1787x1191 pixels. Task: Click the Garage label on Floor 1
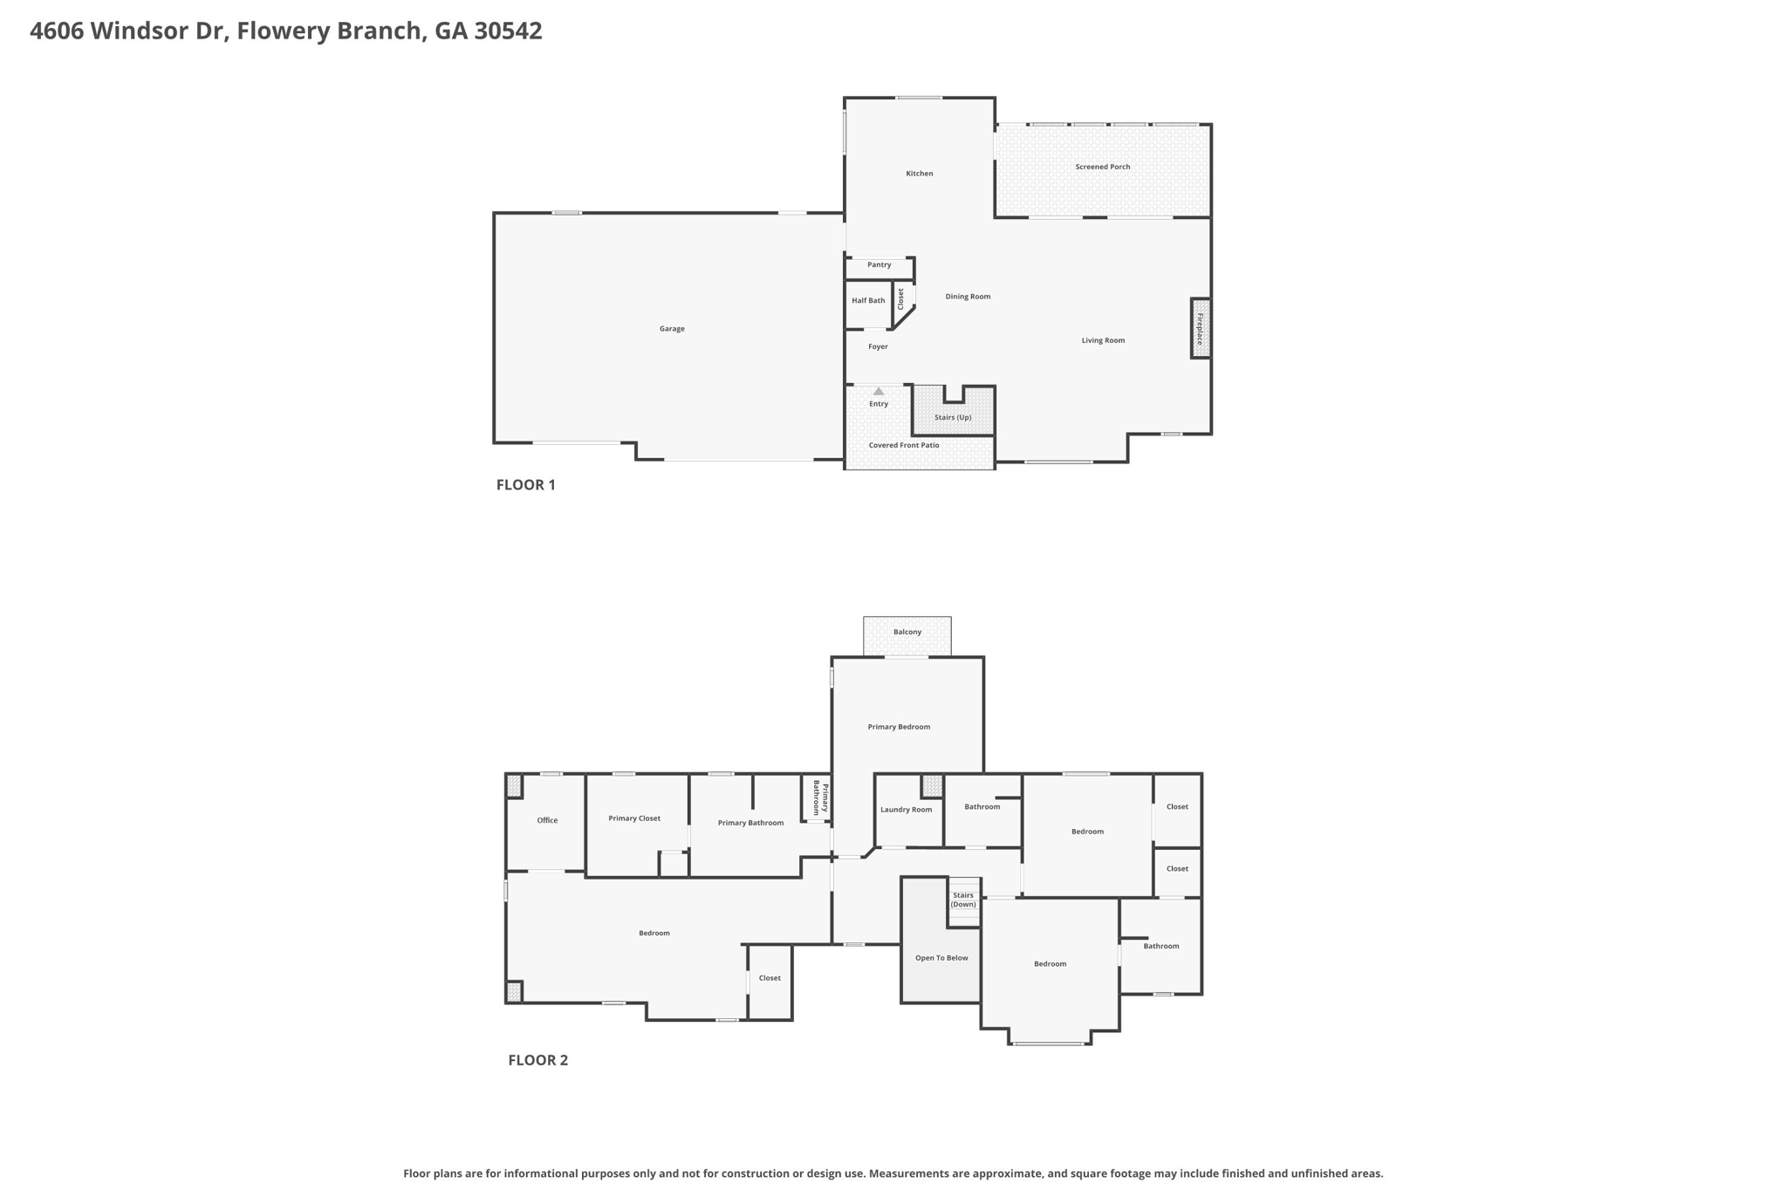click(672, 329)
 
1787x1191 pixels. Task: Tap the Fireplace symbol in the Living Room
click(1201, 328)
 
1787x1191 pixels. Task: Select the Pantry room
click(880, 268)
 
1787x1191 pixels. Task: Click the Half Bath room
click(869, 305)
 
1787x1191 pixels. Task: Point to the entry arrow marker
click(879, 392)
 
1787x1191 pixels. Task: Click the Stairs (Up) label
click(953, 417)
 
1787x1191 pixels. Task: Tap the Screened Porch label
click(1103, 167)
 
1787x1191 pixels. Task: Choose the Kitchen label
click(920, 174)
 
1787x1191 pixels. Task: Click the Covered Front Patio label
click(904, 445)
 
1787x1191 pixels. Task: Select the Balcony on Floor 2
click(907, 636)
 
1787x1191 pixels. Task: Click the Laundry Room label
click(906, 810)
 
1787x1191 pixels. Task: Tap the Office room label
click(547, 820)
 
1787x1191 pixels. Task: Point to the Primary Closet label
click(634, 818)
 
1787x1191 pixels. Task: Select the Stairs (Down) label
click(963, 900)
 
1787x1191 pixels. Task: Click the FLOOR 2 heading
click(538, 1060)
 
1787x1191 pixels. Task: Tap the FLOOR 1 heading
click(526, 485)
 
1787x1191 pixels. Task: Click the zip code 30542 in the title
click(509, 31)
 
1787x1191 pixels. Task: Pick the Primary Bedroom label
click(899, 727)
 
